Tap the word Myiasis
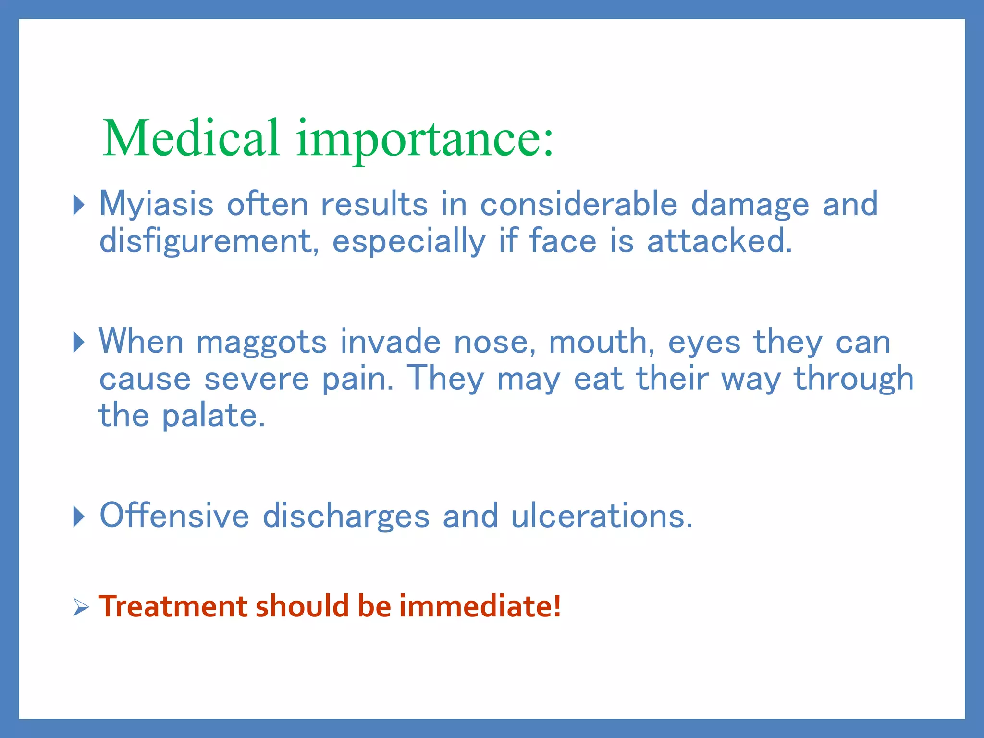(156, 204)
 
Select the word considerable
(578, 204)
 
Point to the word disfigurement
(209, 241)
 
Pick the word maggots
(261, 342)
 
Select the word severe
(257, 380)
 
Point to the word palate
(213, 416)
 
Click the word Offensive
(174, 516)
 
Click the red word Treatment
(173, 606)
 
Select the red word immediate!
(480, 606)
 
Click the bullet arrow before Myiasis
(79, 205)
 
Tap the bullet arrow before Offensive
(79, 517)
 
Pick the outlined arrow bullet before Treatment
(81, 607)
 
